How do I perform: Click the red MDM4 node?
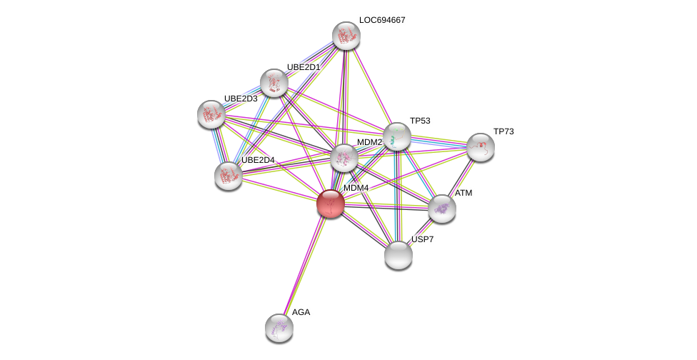[330, 204]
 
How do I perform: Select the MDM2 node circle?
[344, 158]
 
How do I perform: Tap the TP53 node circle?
[396, 136]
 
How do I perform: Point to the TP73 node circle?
[481, 147]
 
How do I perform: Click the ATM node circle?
[442, 209]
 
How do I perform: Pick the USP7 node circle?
[398, 255]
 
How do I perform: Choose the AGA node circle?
[279, 328]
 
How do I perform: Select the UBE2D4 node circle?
[229, 176]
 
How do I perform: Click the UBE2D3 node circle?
[211, 114]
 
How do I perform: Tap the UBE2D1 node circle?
[274, 83]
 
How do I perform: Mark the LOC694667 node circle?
[346, 36]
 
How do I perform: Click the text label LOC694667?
[382, 20]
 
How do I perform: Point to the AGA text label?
[301, 312]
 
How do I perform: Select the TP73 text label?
[503, 131]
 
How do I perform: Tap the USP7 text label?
[422, 239]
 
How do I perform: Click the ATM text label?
[463, 193]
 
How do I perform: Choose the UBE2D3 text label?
[241, 99]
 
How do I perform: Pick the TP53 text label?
[420, 121]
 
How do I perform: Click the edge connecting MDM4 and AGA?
[305, 265]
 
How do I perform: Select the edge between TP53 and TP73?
[438, 141]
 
